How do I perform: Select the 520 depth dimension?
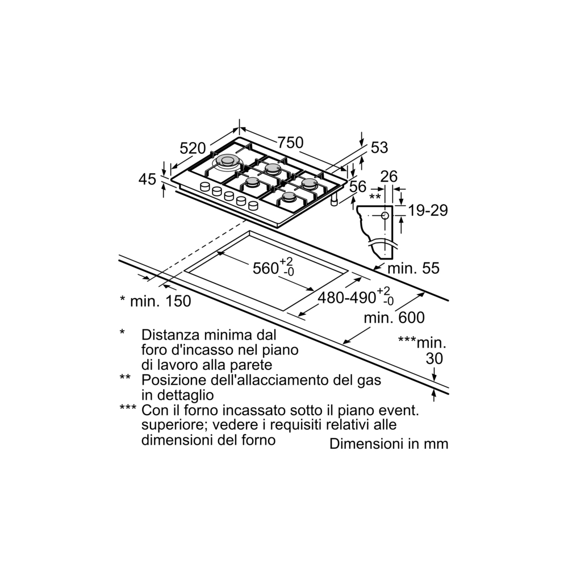pos(192,149)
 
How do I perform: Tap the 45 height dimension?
pos(147,179)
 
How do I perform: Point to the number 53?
pos(379,148)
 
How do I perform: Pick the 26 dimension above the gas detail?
pos(389,177)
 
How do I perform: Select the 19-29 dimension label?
pos(428,211)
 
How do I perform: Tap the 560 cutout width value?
pos(265,268)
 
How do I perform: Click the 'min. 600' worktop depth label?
pos(394,318)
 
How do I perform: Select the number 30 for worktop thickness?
pos(434,359)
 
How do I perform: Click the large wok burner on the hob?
pos(227,162)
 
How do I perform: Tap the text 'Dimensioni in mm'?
pos(389,444)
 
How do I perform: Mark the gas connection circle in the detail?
pos(385,215)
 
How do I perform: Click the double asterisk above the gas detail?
pos(374,197)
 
